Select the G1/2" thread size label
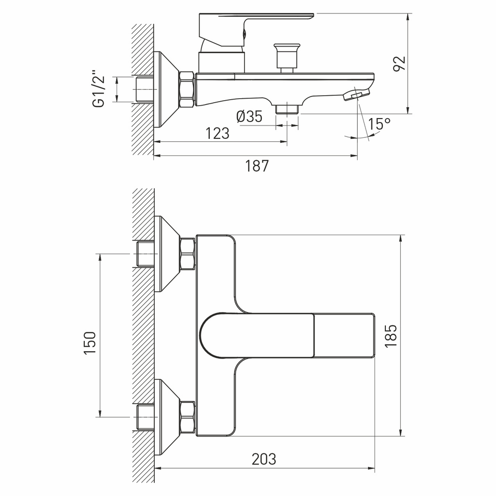click(100, 89)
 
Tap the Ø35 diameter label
click(249, 117)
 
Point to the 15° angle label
click(379, 124)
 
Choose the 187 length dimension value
click(257, 166)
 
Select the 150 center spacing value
click(89, 342)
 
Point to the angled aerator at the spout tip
click(357, 94)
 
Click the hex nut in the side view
click(187, 90)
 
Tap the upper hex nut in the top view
click(187, 253)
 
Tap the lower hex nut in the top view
click(187, 417)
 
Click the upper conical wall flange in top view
click(166, 253)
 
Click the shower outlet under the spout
click(286, 108)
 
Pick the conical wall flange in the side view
click(166, 90)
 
